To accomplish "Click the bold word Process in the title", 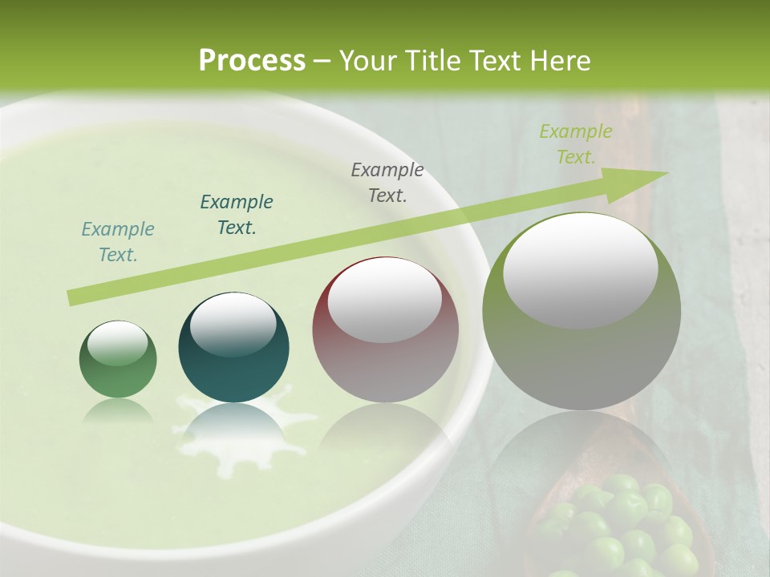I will (252, 60).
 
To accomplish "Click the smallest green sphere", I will (118, 360).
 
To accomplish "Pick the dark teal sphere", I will (233, 348).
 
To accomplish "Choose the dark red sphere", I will (385, 330).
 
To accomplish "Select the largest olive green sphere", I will (582, 312).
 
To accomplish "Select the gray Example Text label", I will (387, 182).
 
